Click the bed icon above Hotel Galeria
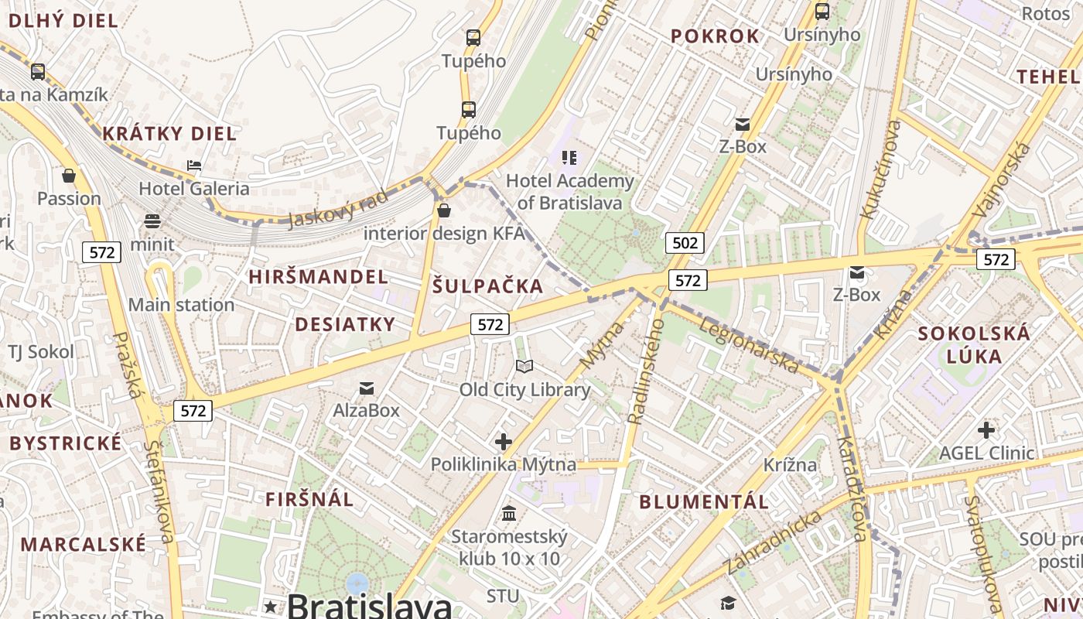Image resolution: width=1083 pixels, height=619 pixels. (194, 165)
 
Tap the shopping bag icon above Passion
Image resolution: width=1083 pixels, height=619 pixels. (69, 176)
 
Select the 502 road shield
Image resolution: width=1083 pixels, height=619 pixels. (685, 243)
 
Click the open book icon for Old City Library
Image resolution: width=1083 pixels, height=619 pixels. (524, 366)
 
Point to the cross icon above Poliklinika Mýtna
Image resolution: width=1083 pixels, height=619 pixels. (504, 442)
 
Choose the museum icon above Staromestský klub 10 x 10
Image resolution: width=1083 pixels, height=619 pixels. (509, 513)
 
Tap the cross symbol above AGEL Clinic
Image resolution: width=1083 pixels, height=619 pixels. (986, 430)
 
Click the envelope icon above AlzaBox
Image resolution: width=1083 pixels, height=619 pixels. (367, 388)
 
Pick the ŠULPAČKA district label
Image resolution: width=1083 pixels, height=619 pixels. (488, 286)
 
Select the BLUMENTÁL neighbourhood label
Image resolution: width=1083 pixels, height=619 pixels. (704, 501)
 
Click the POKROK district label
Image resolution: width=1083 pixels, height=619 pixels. (716, 36)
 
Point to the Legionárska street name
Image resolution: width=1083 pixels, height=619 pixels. (748, 344)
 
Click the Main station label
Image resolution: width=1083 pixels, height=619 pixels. (181, 305)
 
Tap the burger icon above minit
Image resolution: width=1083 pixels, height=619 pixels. (152, 221)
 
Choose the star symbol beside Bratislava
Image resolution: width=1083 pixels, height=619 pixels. (270, 607)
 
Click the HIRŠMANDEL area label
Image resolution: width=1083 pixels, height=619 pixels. (319, 277)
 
